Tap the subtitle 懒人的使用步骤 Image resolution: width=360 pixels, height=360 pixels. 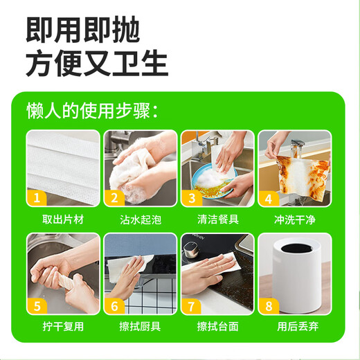click(92, 111)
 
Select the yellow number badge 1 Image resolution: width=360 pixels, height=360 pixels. click(36, 199)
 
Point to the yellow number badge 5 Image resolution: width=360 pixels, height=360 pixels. click(36, 304)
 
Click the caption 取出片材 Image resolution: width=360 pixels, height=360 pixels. click(63, 220)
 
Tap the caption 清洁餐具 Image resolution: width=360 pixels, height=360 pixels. click(218, 220)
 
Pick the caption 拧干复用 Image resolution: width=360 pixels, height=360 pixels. click(63, 325)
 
